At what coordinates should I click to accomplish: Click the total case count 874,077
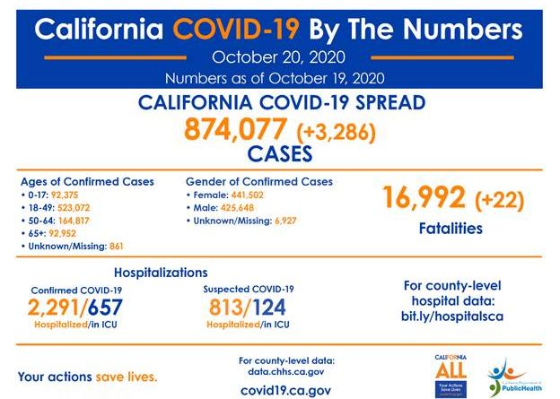[235, 129]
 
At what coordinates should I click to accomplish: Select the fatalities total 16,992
[421, 196]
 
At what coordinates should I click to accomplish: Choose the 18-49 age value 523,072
[78, 206]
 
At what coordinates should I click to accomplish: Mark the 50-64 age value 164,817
[78, 219]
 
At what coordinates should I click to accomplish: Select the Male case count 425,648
[239, 206]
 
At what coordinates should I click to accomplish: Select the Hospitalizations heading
[161, 272]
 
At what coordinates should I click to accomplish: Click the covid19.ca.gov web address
[286, 390]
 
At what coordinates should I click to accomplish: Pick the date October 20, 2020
[280, 58]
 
